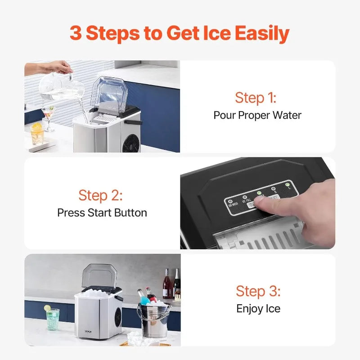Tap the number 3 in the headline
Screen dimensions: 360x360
coord(76,33)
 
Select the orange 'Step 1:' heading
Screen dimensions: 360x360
coord(256,98)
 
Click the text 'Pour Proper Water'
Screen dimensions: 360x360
coord(257,115)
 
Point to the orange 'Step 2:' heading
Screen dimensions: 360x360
coord(100,195)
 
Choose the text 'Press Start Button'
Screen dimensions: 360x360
coord(102,212)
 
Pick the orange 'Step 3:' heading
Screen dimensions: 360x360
coord(258,291)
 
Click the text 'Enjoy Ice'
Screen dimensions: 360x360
coord(258,309)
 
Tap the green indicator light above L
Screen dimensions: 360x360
coord(288,184)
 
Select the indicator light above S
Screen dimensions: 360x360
coord(273,189)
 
